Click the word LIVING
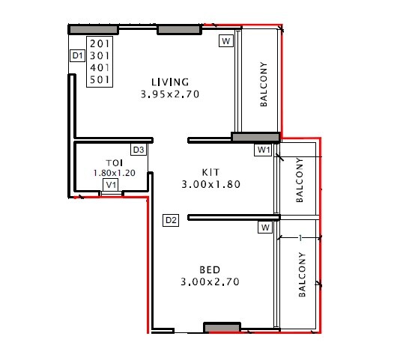tap(170, 82)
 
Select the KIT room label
tap(210, 171)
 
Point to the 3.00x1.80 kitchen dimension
tap(210, 183)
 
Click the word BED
tap(210, 269)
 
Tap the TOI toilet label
tap(114, 162)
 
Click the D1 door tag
tap(76, 56)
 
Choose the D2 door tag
tap(171, 220)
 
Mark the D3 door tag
tap(139, 150)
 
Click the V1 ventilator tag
tap(111, 185)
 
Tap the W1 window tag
tap(263, 150)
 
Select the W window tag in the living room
tap(226, 41)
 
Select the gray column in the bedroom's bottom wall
tap(222, 328)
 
